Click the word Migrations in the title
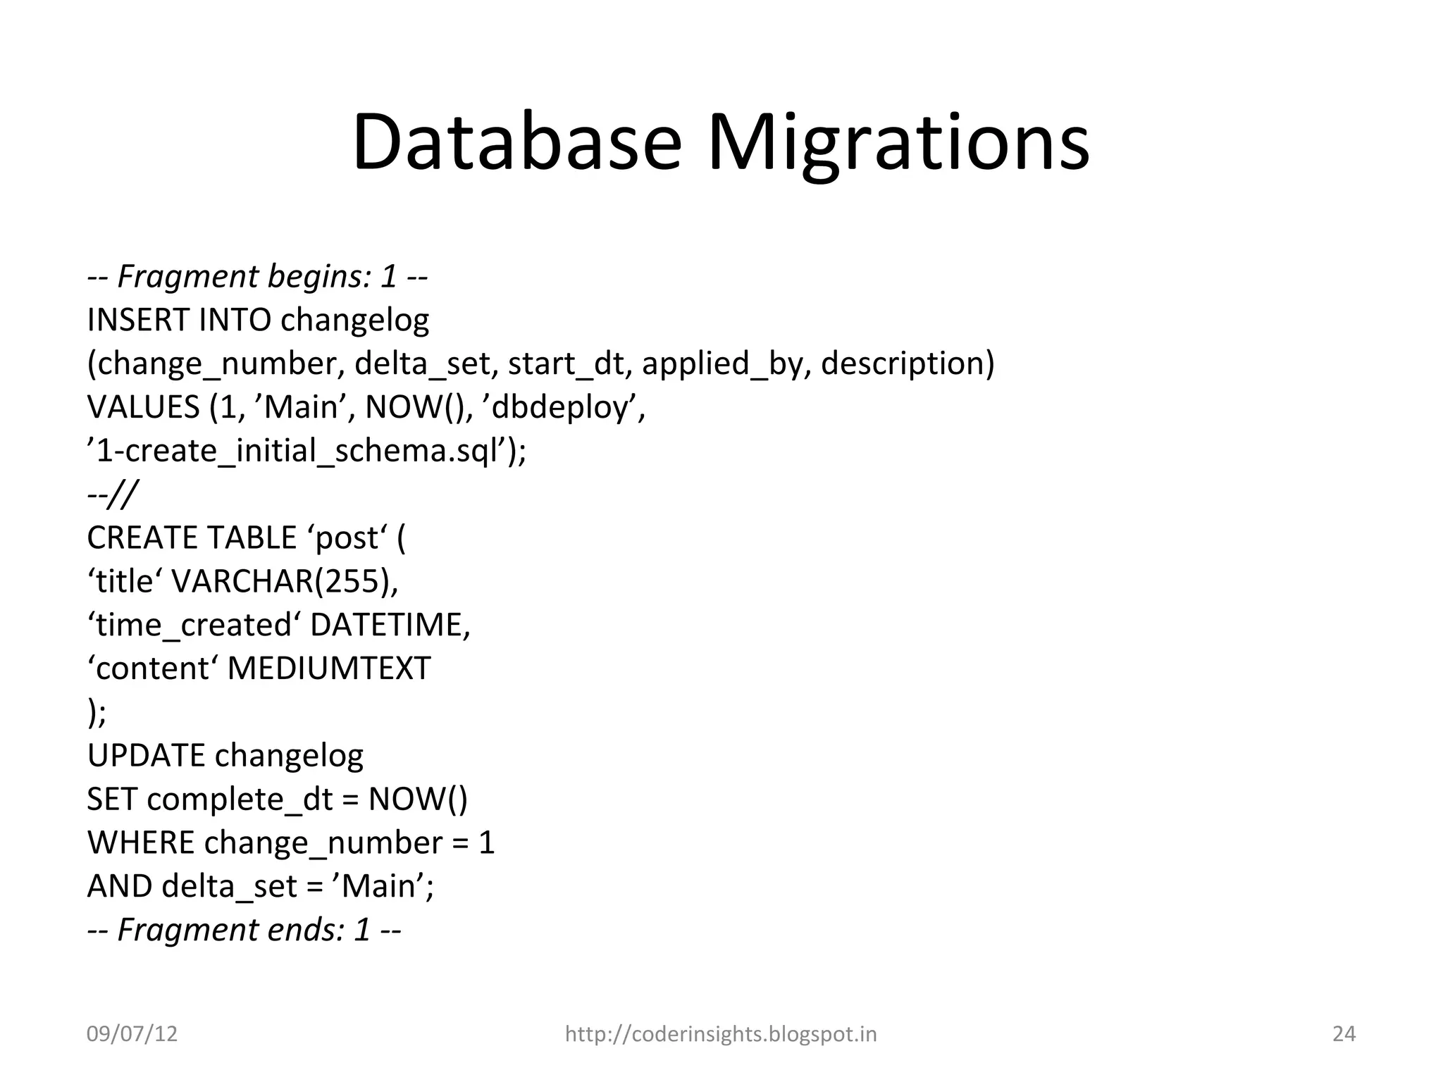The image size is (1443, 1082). click(x=898, y=144)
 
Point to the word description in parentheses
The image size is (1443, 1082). click(x=904, y=364)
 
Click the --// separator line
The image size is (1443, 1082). click(x=113, y=494)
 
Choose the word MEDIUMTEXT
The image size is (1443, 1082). click(x=328, y=669)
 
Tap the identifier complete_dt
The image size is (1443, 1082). click(x=240, y=800)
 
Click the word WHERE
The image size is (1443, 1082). click(x=140, y=843)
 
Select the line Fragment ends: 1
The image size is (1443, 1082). click(x=244, y=930)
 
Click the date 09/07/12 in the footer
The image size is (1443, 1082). click(x=132, y=1034)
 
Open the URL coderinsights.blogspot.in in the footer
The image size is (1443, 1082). click(x=721, y=1034)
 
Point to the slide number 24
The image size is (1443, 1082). click(x=1344, y=1034)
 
